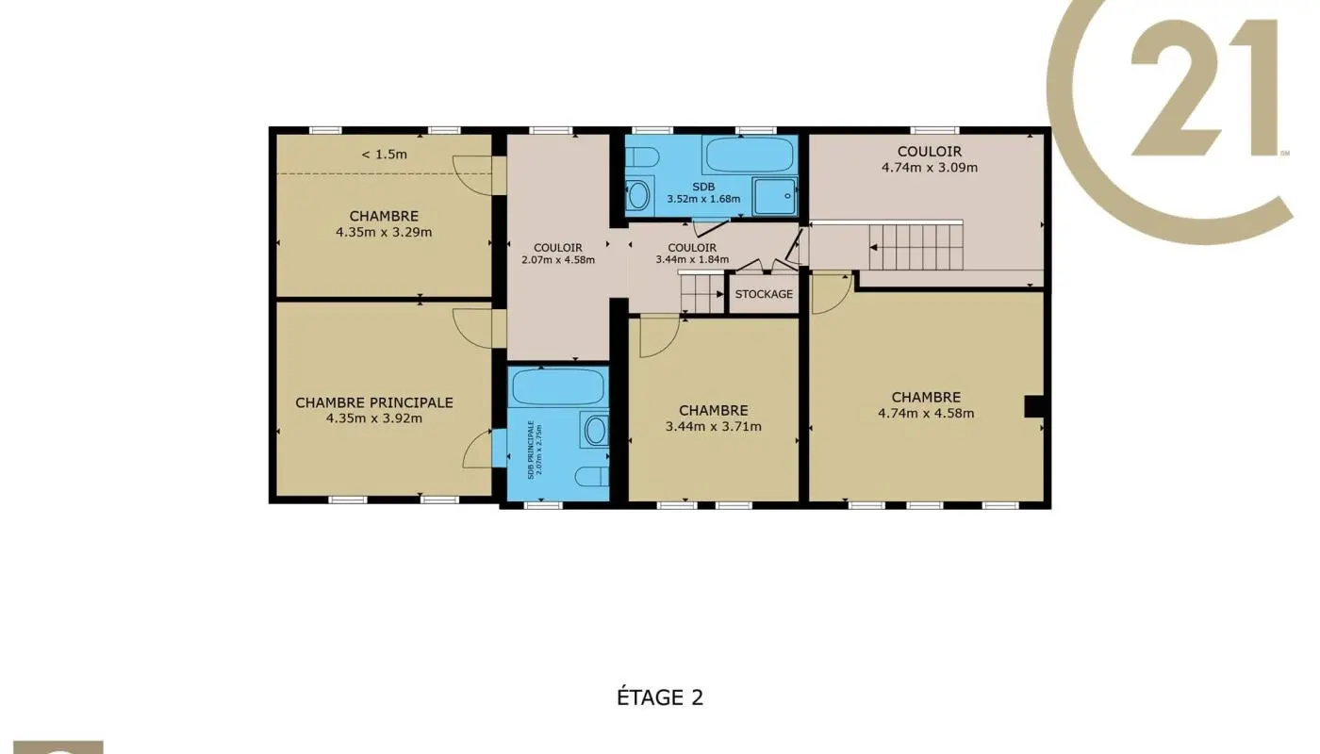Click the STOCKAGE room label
(x=764, y=294)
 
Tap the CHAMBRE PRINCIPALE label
(x=374, y=403)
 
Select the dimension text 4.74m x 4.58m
(x=926, y=414)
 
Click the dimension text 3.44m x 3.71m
(x=713, y=426)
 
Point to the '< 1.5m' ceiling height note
(x=385, y=155)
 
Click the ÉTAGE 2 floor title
(x=660, y=697)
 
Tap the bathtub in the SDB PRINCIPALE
(x=558, y=386)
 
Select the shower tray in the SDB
(x=775, y=196)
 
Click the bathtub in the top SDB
(x=749, y=155)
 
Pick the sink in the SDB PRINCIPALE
(x=595, y=430)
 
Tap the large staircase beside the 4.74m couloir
(x=916, y=247)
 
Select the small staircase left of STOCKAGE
(x=702, y=294)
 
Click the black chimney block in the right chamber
(x=1033, y=406)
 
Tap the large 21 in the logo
(x=1205, y=87)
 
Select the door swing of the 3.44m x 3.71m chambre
(x=660, y=337)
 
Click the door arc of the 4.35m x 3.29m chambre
(x=472, y=175)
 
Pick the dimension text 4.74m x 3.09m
(x=930, y=168)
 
